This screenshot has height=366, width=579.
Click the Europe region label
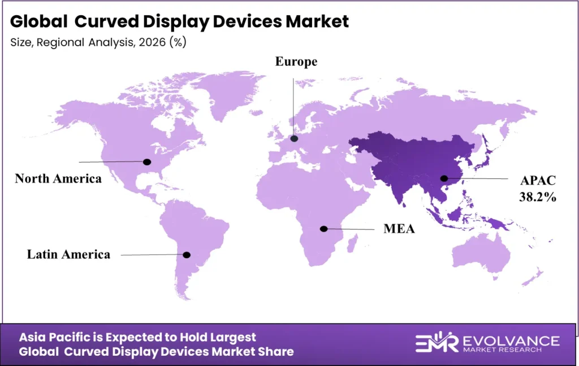click(x=296, y=62)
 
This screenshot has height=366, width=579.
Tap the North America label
click(x=58, y=178)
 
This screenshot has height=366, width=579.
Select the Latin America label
click(x=68, y=254)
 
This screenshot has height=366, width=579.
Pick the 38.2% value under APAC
click(x=538, y=197)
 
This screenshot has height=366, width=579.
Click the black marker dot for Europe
click(x=294, y=138)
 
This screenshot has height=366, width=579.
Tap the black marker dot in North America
click(x=148, y=161)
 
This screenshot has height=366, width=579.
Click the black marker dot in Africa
click(x=323, y=229)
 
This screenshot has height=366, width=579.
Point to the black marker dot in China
click(x=445, y=179)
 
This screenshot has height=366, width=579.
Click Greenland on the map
click(x=225, y=93)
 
